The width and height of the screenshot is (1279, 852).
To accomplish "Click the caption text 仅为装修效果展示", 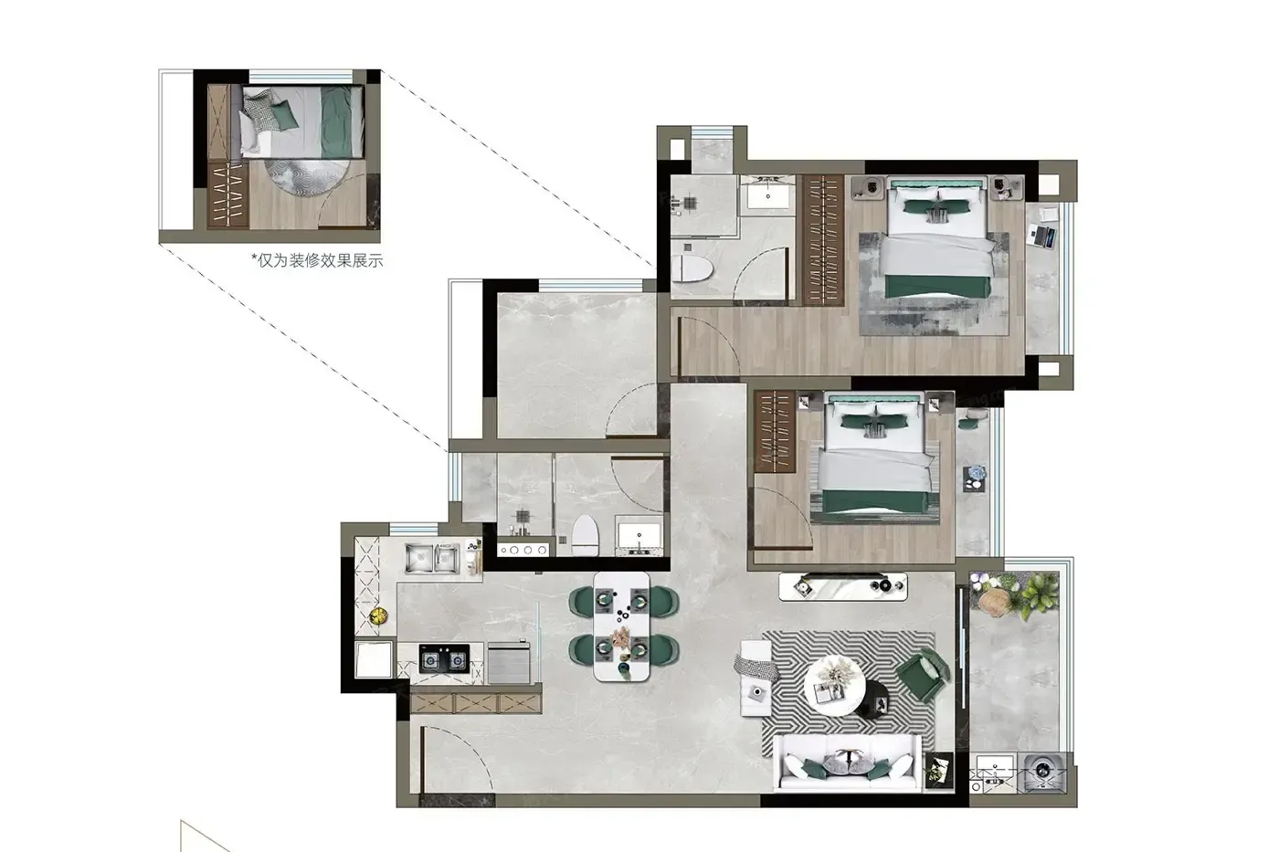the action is click(320, 261).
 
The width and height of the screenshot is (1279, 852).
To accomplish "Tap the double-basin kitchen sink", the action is click(432, 558).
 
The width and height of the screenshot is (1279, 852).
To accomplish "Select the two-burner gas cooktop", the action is click(444, 659).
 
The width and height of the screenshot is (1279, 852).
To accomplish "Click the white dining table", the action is click(621, 626).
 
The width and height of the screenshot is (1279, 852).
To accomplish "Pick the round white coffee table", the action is click(834, 686).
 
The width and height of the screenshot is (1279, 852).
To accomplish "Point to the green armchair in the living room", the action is click(922, 678).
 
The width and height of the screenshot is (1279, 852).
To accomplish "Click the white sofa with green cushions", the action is click(848, 763).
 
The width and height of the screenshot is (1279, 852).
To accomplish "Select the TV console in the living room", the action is click(842, 586).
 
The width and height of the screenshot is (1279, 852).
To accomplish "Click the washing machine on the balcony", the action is click(1044, 773).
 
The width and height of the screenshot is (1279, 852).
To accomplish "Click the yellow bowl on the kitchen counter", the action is click(378, 615).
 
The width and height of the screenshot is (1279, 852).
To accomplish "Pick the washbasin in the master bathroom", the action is click(767, 196).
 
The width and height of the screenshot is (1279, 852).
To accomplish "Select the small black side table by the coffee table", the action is click(872, 700).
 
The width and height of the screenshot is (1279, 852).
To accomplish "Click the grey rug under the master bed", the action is click(934, 284).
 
